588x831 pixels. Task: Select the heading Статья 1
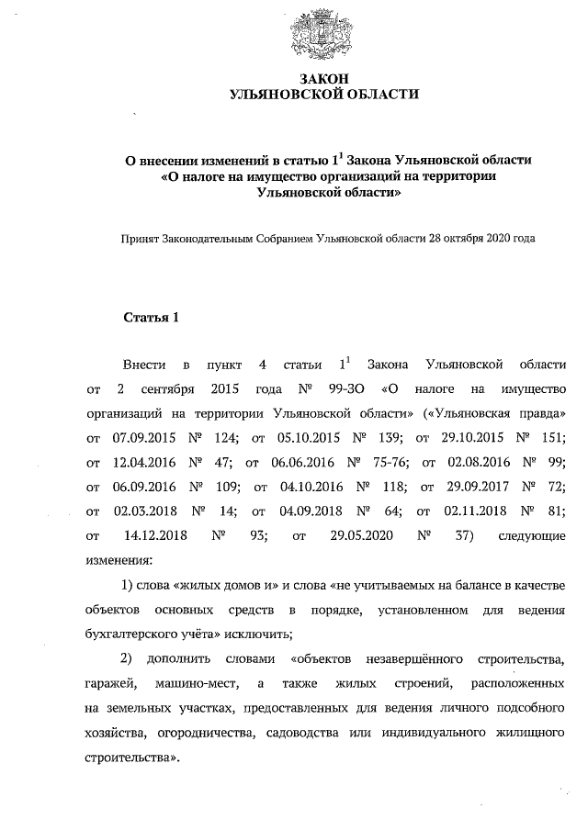pos(151,319)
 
